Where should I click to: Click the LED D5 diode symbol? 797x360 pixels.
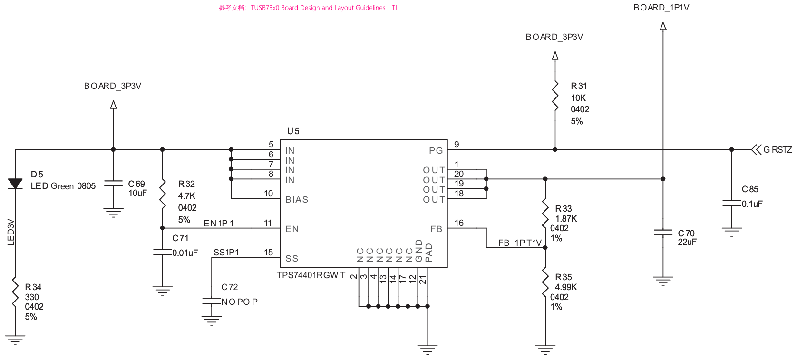15,184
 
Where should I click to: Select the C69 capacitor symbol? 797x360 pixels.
113,184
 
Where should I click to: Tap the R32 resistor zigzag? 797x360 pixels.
162,194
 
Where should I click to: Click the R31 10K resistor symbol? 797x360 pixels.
555,96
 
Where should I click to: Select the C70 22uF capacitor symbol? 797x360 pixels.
663,233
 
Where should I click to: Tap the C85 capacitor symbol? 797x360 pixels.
731,203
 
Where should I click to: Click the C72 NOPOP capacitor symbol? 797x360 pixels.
211,302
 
